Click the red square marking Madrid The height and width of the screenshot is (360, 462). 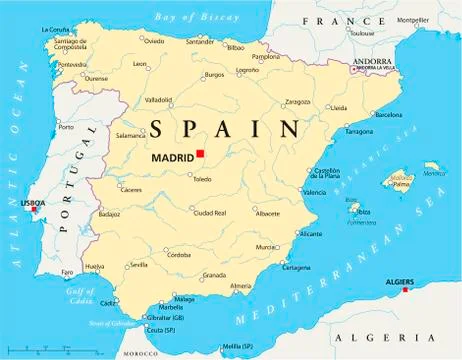click(200, 153)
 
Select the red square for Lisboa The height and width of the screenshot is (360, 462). click(35, 210)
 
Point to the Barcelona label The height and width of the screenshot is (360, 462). click(388, 115)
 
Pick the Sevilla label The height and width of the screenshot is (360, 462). click(138, 265)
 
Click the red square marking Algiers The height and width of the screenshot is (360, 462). click(405, 291)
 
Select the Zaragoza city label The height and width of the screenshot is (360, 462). click(298, 102)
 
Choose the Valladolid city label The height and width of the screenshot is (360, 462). click(159, 100)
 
